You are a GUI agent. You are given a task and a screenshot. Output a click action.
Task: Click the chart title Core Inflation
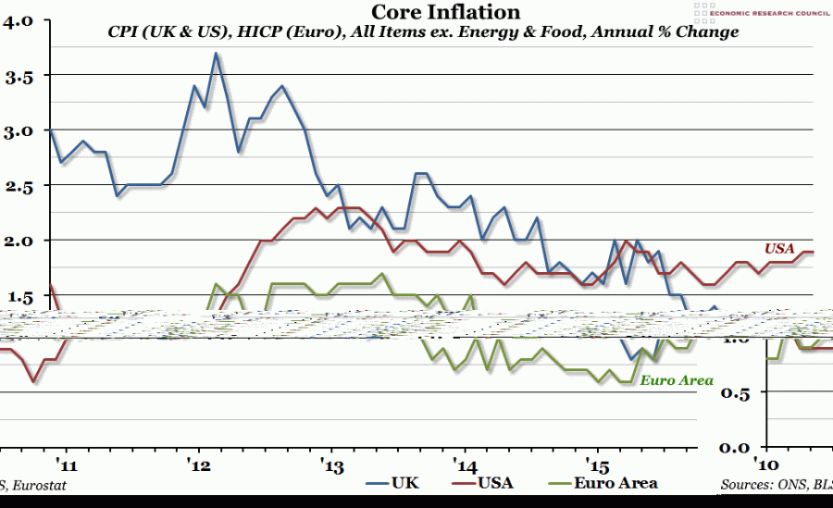tap(445, 12)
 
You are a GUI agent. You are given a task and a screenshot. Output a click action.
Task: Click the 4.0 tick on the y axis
tap(19, 21)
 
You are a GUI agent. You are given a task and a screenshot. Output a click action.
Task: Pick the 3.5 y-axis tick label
tap(19, 77)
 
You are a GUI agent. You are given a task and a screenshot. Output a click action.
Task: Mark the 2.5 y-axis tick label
tap(19, 187)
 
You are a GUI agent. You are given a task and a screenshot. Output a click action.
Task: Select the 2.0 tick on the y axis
tap(19, 242)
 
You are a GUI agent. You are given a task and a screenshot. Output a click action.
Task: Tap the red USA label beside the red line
tap(778, 248)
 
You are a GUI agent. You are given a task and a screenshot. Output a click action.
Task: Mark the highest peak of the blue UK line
tap(216, 54)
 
